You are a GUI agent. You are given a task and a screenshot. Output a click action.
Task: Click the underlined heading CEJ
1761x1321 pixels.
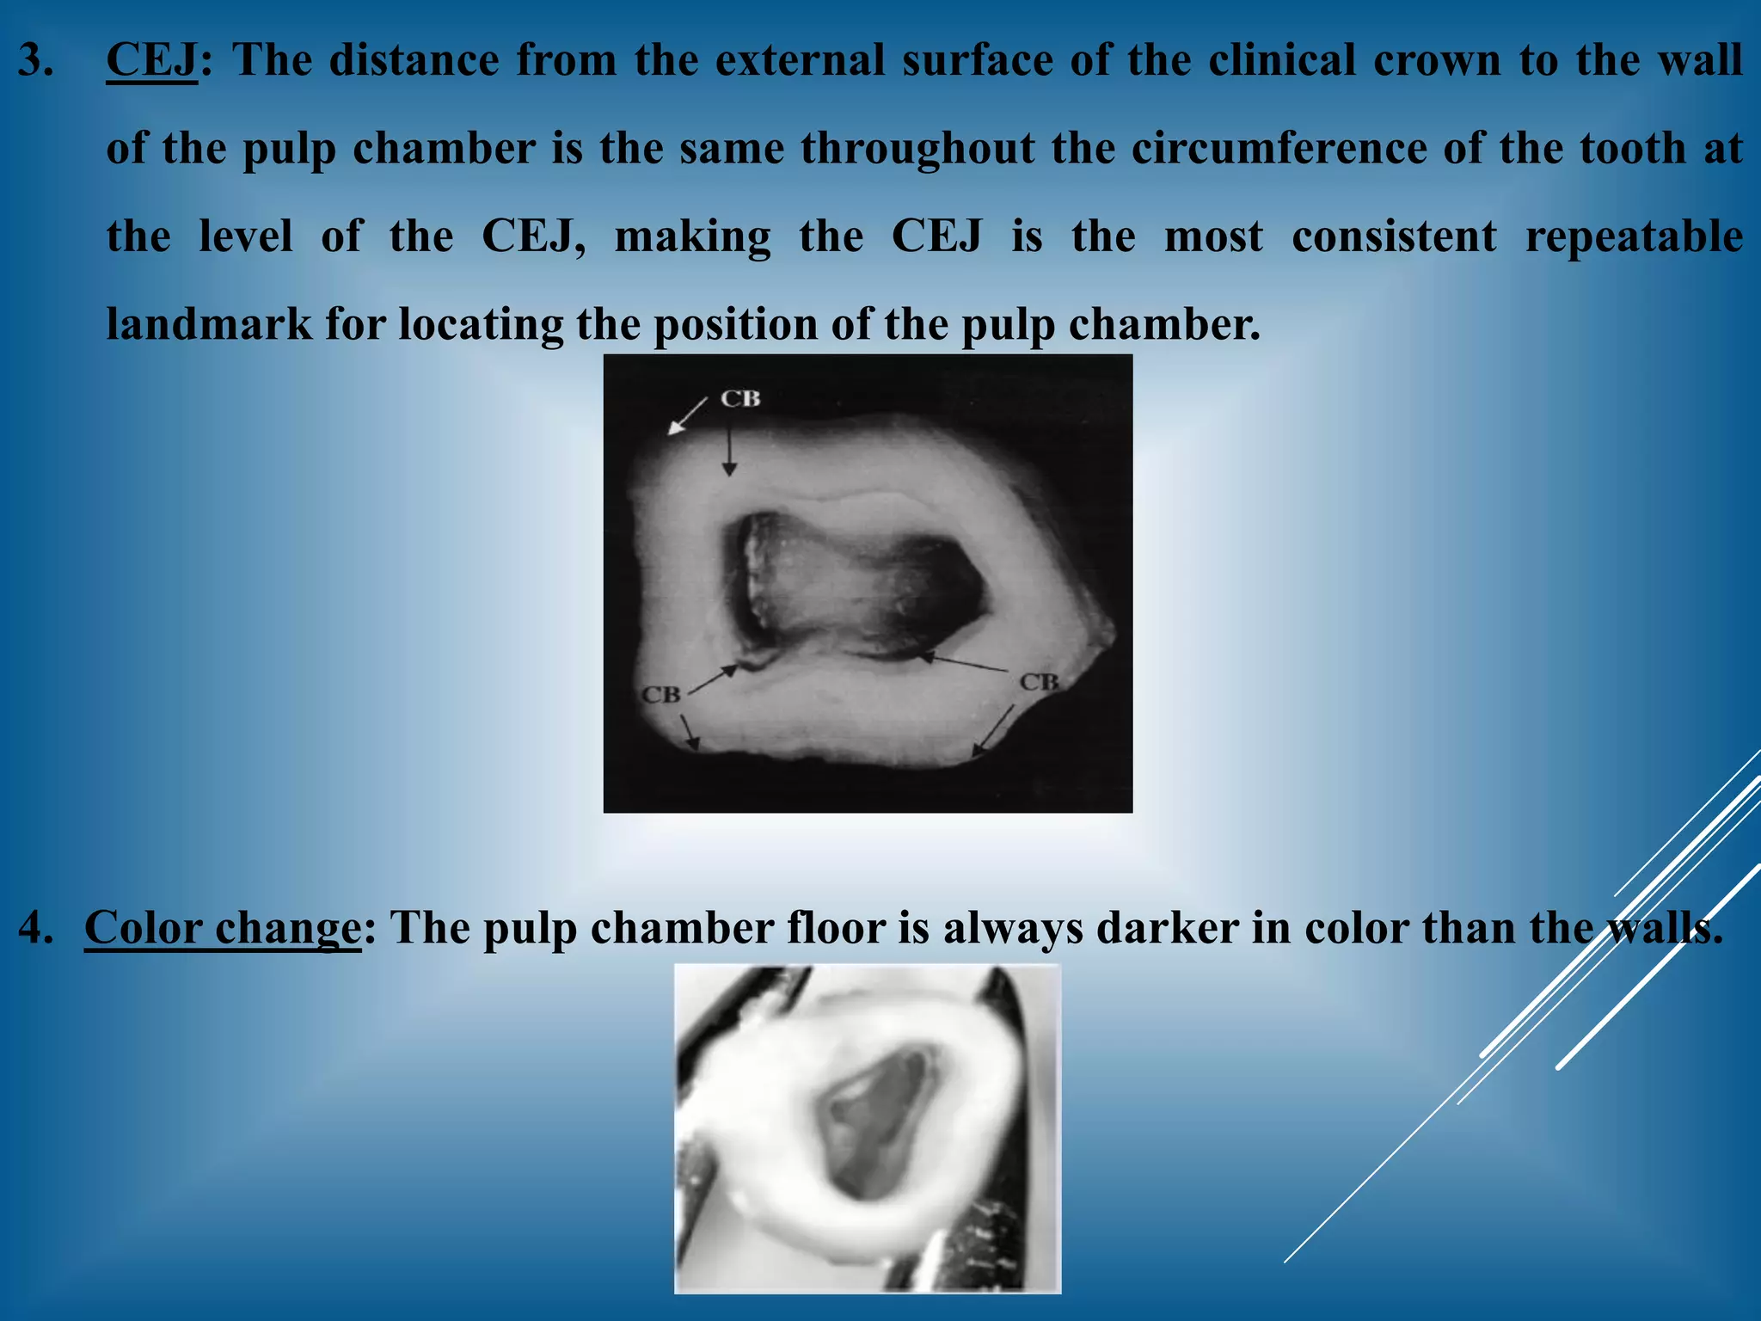pyautogui.click(x=151, y=61)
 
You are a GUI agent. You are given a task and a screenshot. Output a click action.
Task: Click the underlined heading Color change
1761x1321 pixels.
pyautogui.click(x=222, y=928)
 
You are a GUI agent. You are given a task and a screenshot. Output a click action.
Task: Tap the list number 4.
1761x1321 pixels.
pyautogui.click(x=36, y=928)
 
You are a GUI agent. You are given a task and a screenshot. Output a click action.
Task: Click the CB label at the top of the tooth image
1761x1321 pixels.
pyautogui.click(x=740, y=399)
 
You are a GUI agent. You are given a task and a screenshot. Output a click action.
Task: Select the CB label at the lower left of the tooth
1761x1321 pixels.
pyautogui.click(x=660, y=695)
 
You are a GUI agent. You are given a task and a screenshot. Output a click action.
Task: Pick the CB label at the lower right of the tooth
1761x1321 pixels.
pyautogui.click(x=1039, y=683)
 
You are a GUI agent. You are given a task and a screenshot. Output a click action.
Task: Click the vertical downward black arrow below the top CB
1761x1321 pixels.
pyautogui.click(x=729, y=451)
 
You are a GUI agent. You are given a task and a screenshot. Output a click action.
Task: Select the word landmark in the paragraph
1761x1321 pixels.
pyautogui.click(x=209, y=325)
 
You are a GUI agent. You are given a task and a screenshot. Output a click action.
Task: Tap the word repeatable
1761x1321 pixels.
pyautogui.click(x=1634, y=237)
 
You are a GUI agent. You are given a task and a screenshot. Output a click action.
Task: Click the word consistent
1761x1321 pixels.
pyautogui.click(x=1394, y=237)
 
